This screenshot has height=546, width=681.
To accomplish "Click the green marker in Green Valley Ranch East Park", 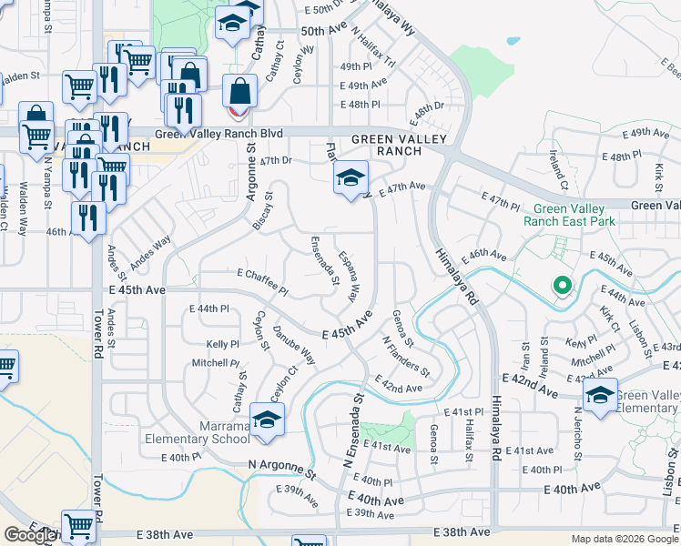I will coord(563,288).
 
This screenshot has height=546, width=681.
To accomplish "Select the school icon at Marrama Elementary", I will coord(267,420).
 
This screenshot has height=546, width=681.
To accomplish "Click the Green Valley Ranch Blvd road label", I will coord(219,134).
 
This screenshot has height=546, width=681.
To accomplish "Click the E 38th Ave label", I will coord(462,531).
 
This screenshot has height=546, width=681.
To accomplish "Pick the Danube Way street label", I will coord(295,344).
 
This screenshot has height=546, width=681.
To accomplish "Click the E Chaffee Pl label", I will coord(262,282).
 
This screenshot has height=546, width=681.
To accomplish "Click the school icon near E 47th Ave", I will coord(350,178).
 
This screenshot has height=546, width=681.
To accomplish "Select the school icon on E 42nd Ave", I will coord(600,395).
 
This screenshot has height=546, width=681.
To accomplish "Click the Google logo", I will coord(31,535).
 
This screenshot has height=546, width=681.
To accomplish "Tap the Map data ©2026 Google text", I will coord(625,539).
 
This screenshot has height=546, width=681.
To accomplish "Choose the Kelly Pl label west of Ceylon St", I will coord(222,345).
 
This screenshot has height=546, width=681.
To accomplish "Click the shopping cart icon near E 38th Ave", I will coord(79,526).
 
